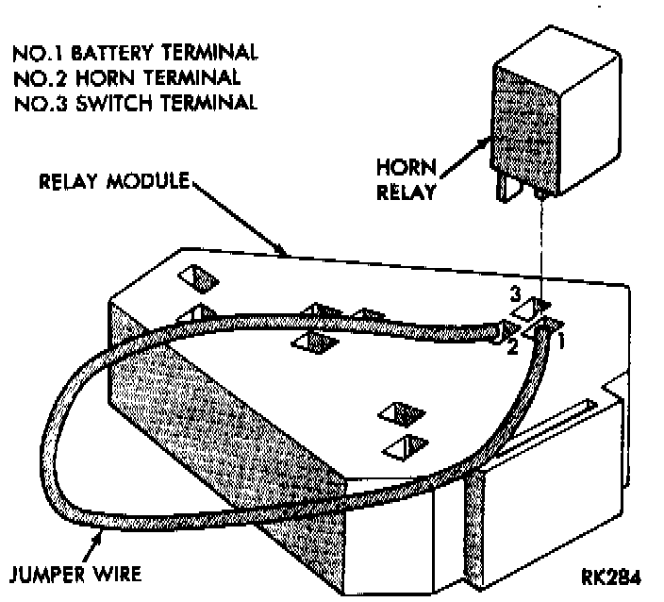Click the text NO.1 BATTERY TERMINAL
[x=136, y=51]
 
